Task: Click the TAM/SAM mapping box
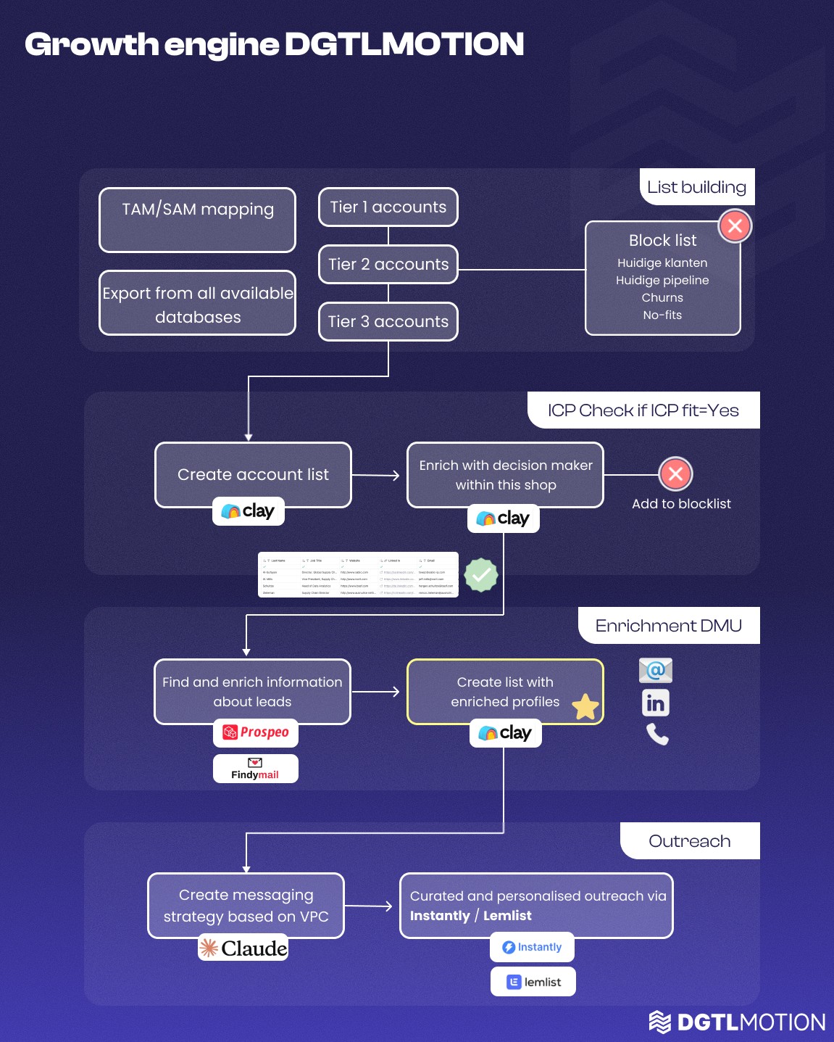click(x=197, y=220)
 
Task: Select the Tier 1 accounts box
click(x=388, y=207)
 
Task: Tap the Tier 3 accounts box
click(x=388, y=321)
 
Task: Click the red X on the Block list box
click(x=735, y=226)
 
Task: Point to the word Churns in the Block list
click(x=662, y=297)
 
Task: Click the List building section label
click(x=696, y=187)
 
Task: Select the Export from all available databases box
click(x=197, y=303)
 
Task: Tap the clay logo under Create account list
click(x=248, y=511)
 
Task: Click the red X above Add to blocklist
click(x=675, y=474)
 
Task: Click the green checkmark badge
click(x=481, y=575)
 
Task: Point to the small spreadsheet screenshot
click(x=358, y=575)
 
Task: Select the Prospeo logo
click(x=255, y=732)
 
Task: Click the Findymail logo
click(x=255, y=769)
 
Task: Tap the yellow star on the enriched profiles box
click(x=585, y=707)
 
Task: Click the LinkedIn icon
click(x=656, y=703)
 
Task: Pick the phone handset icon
click(x=657, y=735)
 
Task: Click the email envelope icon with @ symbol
click(x=656, y=670)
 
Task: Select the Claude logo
click(x=243, y=948)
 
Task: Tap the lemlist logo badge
click(x=533, y=982)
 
